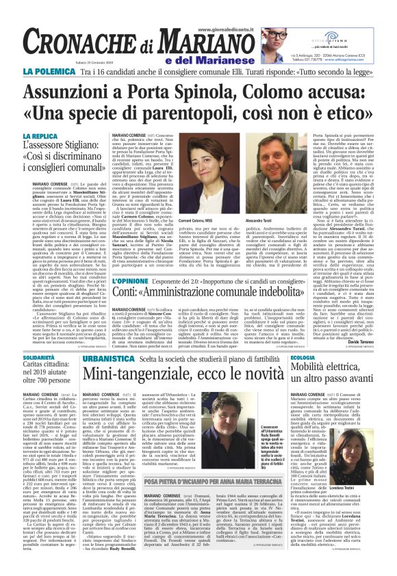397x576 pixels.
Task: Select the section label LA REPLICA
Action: pos(42,136)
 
